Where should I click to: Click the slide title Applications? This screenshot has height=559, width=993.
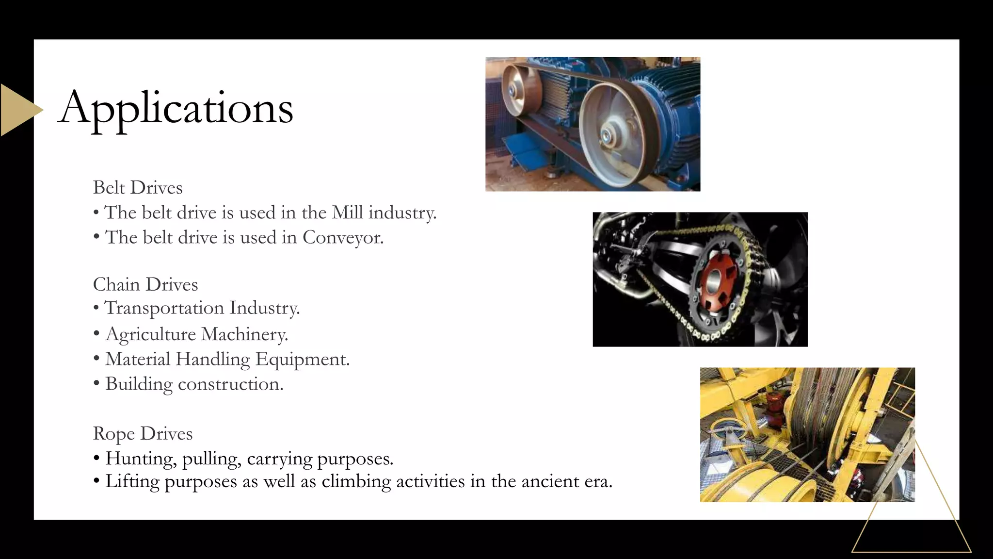click(x=176, y=108)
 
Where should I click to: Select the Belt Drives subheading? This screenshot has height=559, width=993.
click(x=138, y=188)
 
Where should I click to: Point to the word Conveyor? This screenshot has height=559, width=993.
click(x=342, y=237)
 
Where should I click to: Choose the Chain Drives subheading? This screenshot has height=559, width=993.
click(x=145, y=284)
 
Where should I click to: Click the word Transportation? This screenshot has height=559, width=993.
click(x=164, y=308)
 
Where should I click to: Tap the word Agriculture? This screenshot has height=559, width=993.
click(x=150, y=334)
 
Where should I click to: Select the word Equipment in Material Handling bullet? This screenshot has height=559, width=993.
click(x=302, y=359)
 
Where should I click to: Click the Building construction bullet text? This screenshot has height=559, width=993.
click(x=194, y=384)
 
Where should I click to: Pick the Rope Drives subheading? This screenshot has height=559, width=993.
click(x=143, y=433)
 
